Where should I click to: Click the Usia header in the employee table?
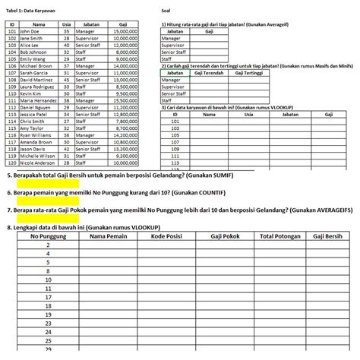(66, 24)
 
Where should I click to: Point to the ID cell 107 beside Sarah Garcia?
(11, 72)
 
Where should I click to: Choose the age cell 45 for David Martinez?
(66, 79)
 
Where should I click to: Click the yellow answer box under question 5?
(46, 185)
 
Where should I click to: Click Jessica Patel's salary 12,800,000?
(125, 114)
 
